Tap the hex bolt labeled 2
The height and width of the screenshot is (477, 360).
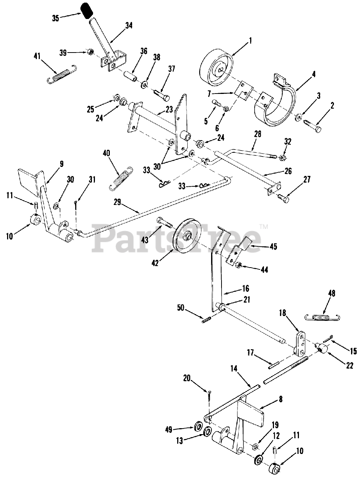312,125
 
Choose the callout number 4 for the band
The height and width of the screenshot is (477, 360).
314,74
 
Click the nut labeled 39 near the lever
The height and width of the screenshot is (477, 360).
90,52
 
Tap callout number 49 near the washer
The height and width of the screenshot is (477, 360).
169,430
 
